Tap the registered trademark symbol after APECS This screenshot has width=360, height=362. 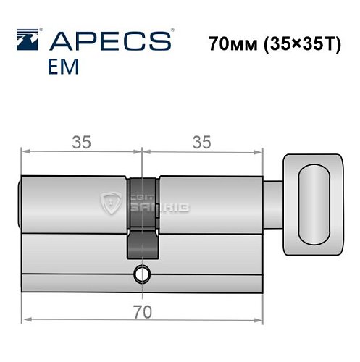point(171,32)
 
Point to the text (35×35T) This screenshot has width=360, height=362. point(301,43)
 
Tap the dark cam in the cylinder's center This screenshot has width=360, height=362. point(143,217)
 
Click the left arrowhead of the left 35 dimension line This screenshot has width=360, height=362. point(25,153)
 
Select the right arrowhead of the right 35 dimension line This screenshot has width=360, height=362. point(258,153)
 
